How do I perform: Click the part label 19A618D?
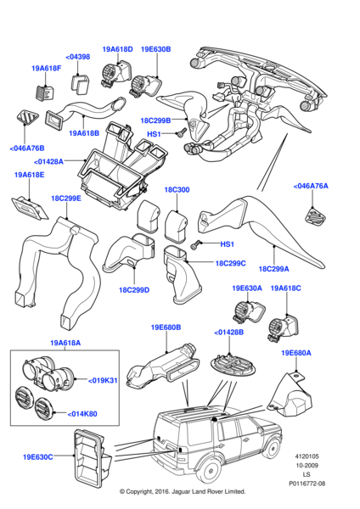(117, 49)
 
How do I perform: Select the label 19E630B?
(155, 49)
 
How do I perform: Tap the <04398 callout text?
(77, 57)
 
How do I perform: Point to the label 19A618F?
(46, 69)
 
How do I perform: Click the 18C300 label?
(177, 189)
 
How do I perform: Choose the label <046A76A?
(311, 186)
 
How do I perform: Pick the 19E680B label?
(166, 327)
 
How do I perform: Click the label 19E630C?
(37, 457)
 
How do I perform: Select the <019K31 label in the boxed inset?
(103, 380)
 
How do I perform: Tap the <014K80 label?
(82, 414)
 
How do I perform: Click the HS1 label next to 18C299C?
(227, 243)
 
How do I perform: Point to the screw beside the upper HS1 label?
(181, 132)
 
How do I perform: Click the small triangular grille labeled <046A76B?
(27, 117)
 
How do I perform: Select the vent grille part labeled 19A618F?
(44, 92)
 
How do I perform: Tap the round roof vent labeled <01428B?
(233, 364)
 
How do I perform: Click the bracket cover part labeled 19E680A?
(290, 395)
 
